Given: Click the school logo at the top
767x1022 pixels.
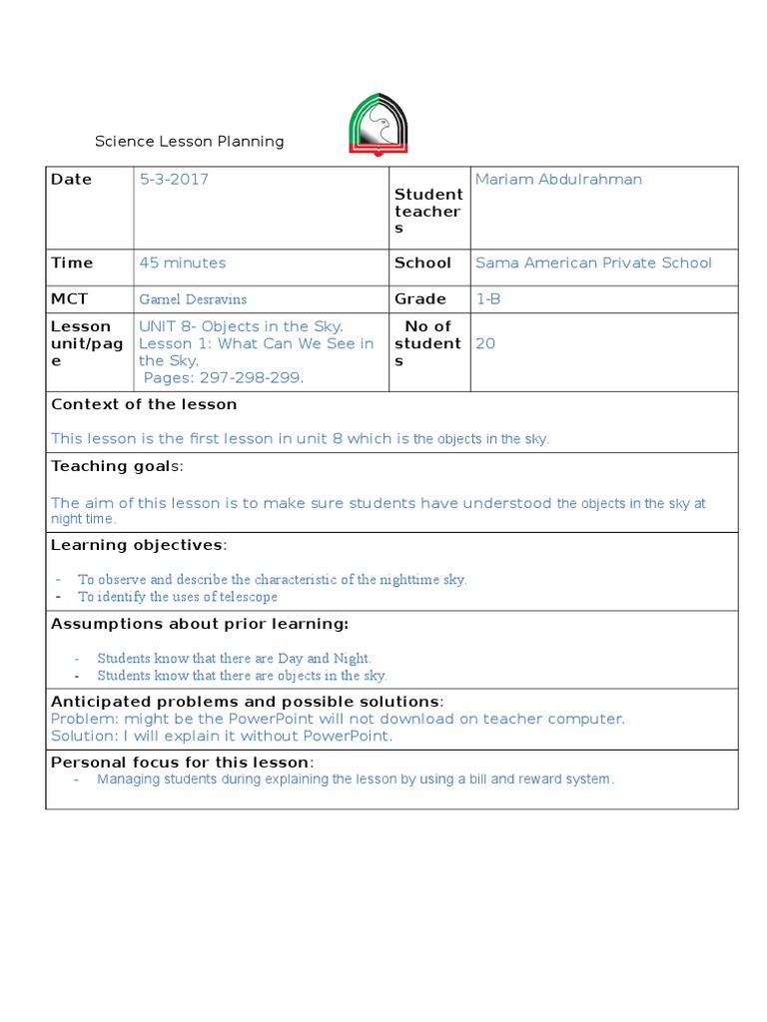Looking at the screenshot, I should coord(378,125).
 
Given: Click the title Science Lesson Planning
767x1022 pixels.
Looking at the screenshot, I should coord(189,142).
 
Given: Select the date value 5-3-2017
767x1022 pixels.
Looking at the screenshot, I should coord(174,180).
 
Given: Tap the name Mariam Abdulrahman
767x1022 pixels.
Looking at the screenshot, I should coord(558,180).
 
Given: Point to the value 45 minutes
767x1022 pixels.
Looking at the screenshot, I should coord(183,263).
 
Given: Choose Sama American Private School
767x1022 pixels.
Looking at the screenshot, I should coord(593,263).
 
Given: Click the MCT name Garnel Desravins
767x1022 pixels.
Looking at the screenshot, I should coord(193,299).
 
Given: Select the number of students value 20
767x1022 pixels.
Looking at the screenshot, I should coord(485,343).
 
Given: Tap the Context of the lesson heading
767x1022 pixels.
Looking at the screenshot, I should coord(144,405).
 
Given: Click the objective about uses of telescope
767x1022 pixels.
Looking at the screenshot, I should coord(178,597).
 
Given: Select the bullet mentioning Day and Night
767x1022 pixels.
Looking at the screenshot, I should coord(234,659).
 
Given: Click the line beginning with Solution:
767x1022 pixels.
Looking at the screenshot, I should coord(222,737).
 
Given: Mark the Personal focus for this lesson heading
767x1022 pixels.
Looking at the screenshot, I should coord(183,764).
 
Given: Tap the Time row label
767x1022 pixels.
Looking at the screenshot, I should coord(72,263).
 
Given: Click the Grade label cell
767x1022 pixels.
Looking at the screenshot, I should coord(420,298).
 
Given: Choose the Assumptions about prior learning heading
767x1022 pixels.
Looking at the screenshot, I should coord(200,624).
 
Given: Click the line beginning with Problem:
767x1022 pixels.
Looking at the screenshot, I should coord(338,719).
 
